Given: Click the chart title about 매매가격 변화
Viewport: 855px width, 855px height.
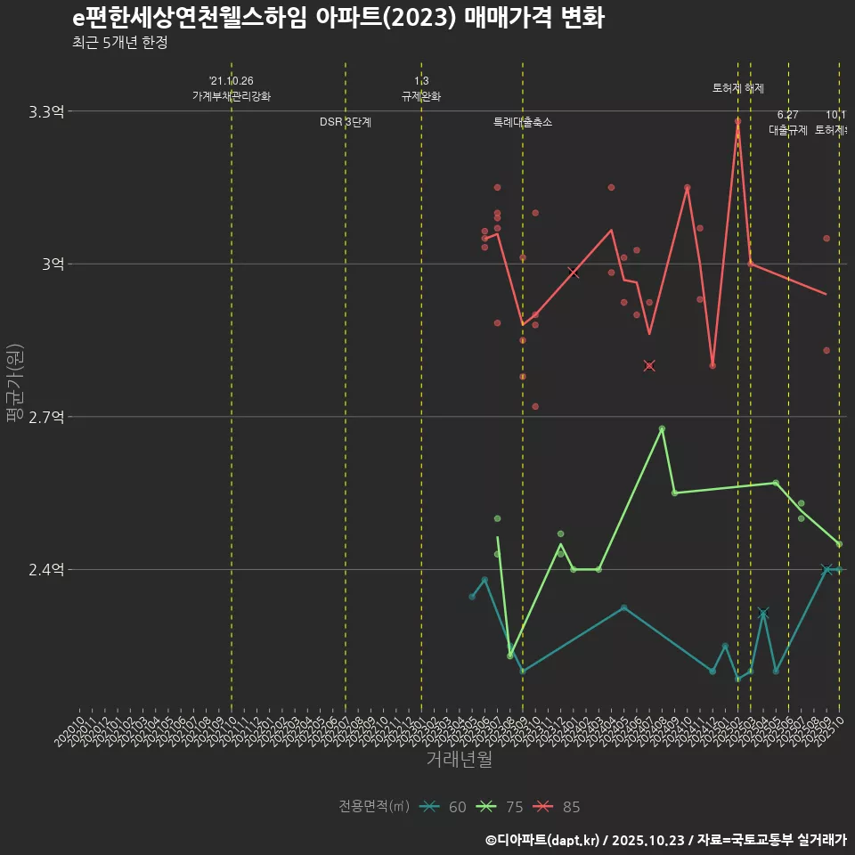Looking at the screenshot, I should [x=338, y=18].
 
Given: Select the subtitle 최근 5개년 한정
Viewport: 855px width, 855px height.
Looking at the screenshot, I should [x=119, y=43].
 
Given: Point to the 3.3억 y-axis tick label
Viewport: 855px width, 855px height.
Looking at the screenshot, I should [x=46, y=112].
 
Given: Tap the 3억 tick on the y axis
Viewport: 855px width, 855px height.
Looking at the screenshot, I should [x=53, y=265].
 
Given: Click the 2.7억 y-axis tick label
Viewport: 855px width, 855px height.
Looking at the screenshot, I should [x=46, y=417].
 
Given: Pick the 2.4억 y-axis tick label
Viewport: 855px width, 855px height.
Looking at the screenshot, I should [x=46, y=570].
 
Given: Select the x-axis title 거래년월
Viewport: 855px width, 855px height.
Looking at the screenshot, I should [x=459, y=760].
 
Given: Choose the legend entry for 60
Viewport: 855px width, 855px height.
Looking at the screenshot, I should [x=444, y=807].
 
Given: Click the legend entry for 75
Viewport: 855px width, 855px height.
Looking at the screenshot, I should [x=500, y=807].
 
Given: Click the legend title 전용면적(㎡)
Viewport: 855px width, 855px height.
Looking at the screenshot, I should [x=374, y=807].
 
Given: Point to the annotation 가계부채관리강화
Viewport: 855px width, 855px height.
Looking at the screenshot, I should [x=232, y=96].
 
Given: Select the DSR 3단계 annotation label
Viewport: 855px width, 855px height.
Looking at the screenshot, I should [x=346, y=122].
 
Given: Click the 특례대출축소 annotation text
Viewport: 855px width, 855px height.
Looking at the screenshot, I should [x=523, y=122].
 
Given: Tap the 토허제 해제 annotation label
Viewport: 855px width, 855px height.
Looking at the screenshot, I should [x=737, y=88].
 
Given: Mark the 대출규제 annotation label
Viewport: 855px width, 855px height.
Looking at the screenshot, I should [x=788, y=130].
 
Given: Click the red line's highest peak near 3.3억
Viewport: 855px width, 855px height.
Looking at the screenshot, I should [x=737, y=121].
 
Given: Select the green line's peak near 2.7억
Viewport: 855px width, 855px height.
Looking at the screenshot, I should [x=662, y=429].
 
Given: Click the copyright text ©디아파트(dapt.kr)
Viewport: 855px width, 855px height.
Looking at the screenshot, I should [x=542, y=840].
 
